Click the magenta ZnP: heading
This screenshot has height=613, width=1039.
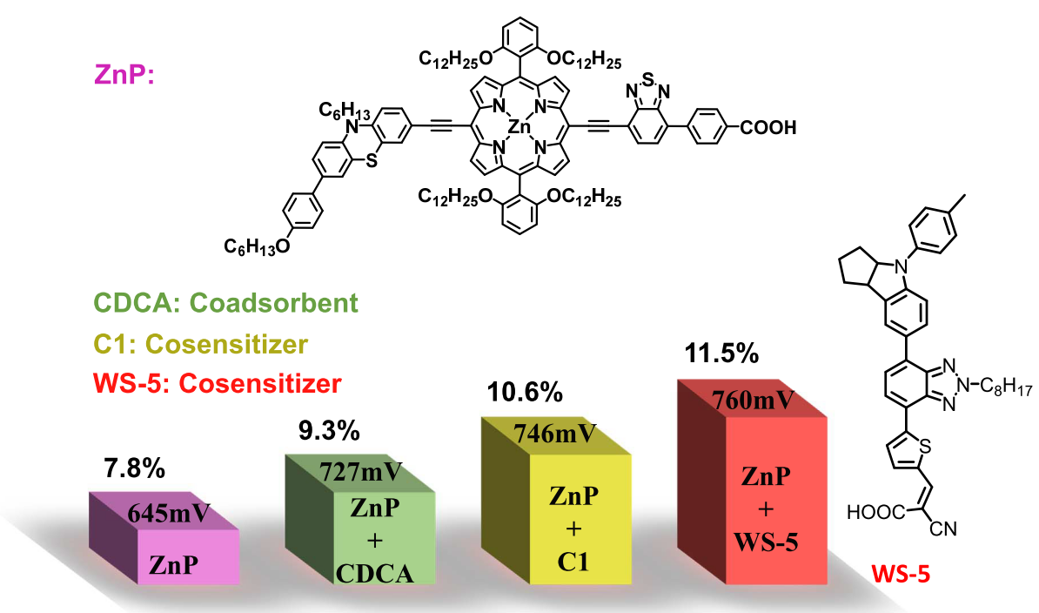pos(124,75)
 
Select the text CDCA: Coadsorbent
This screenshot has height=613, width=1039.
pos(222,303)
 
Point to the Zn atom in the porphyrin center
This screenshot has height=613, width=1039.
pos(519,128)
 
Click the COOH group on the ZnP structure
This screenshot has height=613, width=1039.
pos(768,129)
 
